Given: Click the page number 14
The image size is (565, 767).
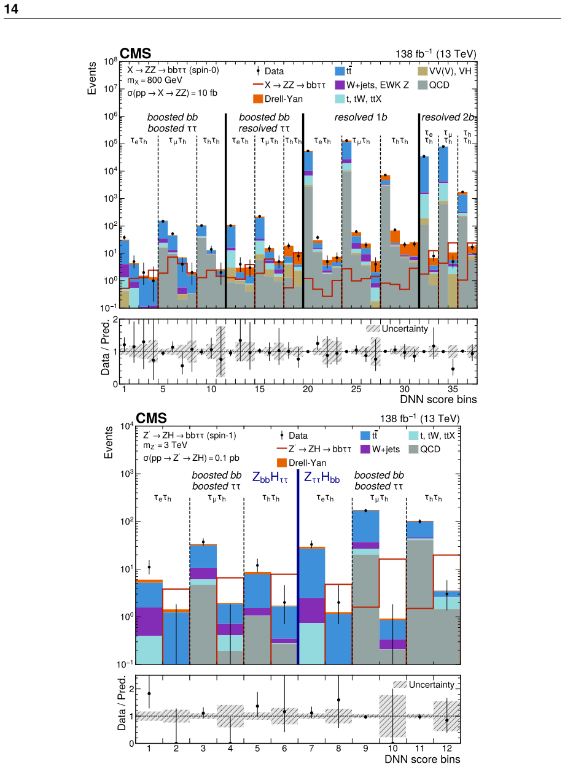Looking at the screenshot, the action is tap(11, 9).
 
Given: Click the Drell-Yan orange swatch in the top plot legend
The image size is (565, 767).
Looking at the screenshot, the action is tap(258, 99).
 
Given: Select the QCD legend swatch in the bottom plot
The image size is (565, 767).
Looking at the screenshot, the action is tap(413, 449).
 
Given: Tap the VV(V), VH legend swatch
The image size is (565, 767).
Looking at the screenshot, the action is tap(423, 71).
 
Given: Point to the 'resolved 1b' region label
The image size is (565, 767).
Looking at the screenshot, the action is tap(360, 117).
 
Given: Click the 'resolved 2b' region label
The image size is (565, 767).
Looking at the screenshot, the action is tap(448, 117).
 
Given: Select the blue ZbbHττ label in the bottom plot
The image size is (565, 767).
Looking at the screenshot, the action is tap(270, 477).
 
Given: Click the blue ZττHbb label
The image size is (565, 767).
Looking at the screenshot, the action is tap(322, 477).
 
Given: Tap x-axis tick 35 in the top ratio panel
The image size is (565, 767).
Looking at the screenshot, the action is tap(453, 389).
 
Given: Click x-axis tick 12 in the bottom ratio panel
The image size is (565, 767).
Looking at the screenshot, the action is tap(447, 749).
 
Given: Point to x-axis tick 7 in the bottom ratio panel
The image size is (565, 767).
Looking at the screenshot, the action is tap(311, 749).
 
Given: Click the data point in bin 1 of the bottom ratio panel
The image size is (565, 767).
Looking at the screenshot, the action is tap(149, 694).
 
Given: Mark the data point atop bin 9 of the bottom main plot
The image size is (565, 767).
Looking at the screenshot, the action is tap(365, 511).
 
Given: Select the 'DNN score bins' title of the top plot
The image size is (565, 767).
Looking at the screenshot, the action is tap(438, 399).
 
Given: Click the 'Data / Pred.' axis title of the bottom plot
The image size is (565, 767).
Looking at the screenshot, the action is tap(122, 703).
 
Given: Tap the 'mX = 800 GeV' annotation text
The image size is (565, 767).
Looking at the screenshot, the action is tap(155, 81).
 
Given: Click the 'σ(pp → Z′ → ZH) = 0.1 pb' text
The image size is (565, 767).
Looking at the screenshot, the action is tap(191, 458).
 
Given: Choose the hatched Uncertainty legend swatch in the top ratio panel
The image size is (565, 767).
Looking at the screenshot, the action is tap(373, 329).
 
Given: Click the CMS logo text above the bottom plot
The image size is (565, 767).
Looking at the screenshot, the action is tap(151, 418).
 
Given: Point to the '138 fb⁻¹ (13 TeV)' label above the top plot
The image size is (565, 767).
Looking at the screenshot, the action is tap(436, 54).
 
